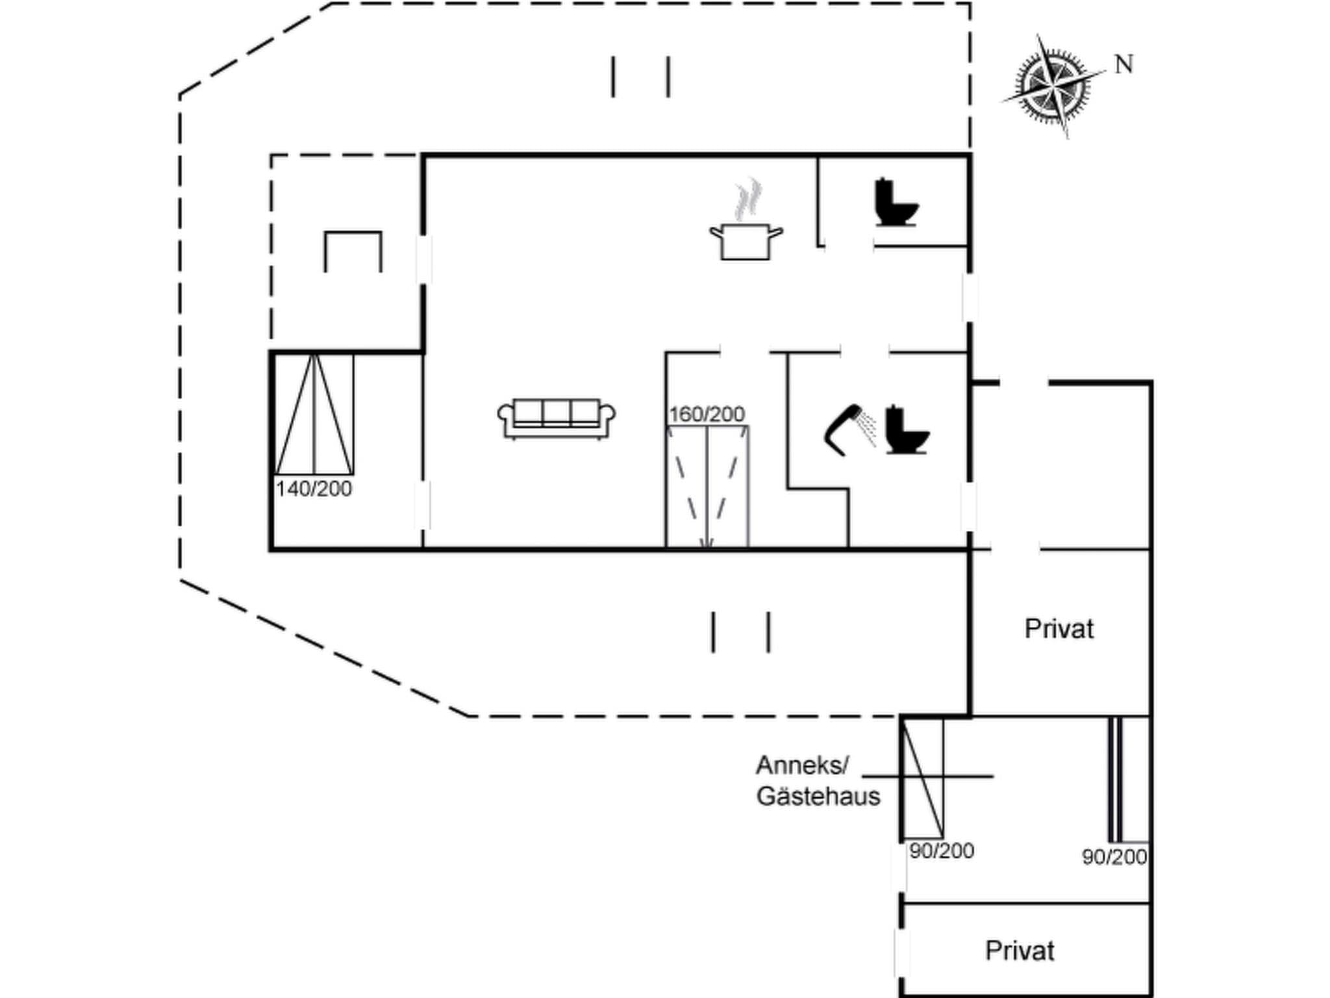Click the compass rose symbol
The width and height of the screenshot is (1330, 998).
[1053, 86]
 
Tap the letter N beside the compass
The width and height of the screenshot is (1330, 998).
[1124, 64]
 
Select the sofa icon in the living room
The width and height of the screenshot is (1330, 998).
[557, 418]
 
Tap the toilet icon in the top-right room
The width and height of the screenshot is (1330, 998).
[896, 202]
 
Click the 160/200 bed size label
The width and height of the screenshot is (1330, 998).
[707, 414]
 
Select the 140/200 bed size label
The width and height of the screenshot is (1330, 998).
[314, 489]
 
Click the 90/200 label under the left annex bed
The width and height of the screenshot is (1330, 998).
[942, 851]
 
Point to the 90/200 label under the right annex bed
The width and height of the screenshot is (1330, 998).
[1114, 857]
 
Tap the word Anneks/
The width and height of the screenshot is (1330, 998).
[802, 765]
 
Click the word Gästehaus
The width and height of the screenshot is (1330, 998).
[818, 796]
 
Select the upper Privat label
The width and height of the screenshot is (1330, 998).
[1059, 628]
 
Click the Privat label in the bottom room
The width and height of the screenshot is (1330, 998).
[1019, 951]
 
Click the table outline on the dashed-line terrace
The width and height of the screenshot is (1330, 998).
[353, 250]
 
